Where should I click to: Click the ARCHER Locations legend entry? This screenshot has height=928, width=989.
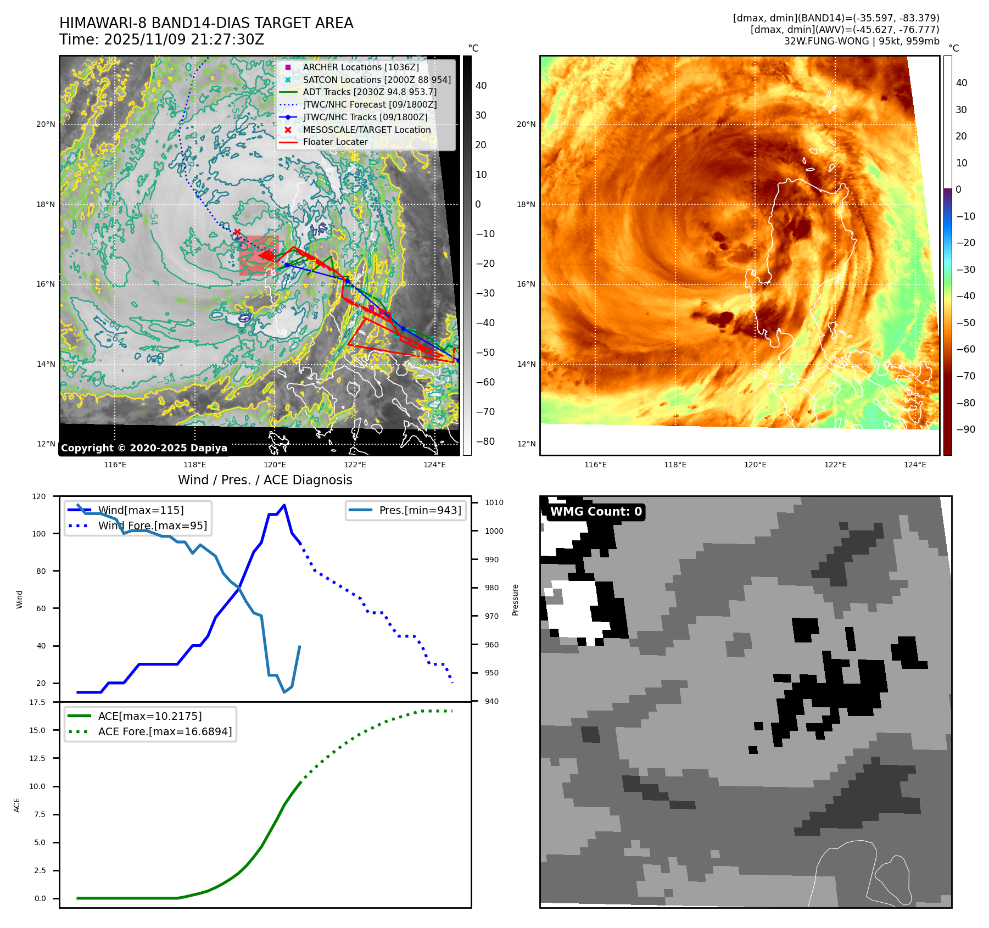(x=360, y=67)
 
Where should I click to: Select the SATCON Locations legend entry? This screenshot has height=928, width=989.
(x=377, y=80)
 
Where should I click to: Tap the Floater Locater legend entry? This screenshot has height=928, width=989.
(x=335, y=142)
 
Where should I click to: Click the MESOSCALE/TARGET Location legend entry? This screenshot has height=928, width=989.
(x=366, y=130)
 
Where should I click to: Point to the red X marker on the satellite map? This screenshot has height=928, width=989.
(x=237, y=232)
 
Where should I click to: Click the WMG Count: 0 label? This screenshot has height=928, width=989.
(x=596, y=512)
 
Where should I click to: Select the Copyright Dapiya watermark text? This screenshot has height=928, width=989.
(x=144, y=448)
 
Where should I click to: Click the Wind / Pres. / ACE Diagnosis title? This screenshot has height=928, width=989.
(x=265, y=480)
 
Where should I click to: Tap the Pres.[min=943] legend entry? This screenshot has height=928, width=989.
(x=420, y=510)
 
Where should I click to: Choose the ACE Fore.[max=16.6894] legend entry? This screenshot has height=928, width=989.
(x=165, y=731)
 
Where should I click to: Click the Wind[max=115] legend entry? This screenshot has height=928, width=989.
(x=141, y=510)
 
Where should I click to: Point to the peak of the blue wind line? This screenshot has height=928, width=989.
(x=284, y=505)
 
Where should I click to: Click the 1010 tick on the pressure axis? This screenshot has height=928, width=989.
(x=494, y=502)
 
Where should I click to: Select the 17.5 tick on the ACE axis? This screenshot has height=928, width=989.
(x=37, y=702)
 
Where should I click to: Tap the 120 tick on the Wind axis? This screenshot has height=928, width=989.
(x=39, y=496)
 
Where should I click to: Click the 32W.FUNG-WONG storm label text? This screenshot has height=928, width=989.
(x=861, y=41)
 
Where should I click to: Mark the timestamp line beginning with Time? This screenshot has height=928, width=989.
(x=161, y=40)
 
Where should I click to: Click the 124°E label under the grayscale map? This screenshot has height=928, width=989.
(x=434, y=465)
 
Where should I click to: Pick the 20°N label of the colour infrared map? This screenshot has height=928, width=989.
(x=526, y=124)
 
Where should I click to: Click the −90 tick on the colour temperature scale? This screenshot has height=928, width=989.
(x=965, y=429)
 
